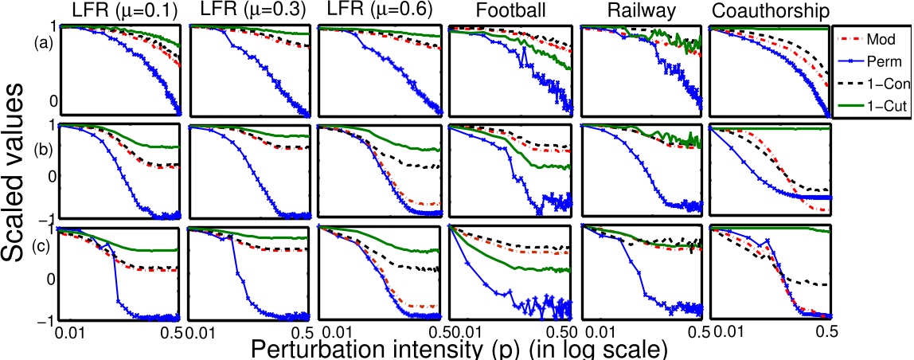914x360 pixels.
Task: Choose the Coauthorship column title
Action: click(x=768, y=12)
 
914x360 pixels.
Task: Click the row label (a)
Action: click(x=44, y=45)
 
